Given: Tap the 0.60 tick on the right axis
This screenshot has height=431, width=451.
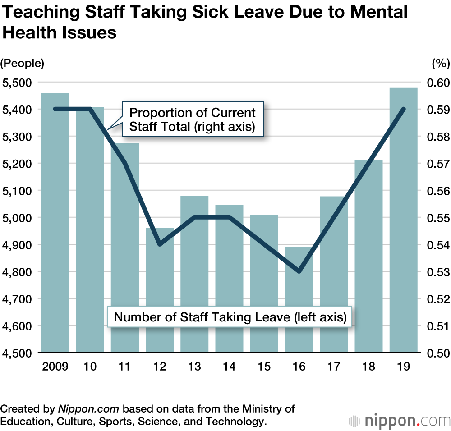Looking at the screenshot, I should click(435, 83).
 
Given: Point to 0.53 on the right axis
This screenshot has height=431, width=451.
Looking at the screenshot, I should click(435, 272).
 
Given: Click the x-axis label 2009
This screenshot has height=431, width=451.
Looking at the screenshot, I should click(55, 367).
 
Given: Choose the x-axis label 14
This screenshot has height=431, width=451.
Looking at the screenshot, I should click(229, 367).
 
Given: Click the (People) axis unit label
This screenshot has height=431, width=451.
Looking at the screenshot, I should click(23, 64).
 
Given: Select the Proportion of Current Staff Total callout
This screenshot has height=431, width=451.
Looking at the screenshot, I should click(193, 119).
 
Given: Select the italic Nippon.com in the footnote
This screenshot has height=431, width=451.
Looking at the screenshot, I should click(88, 409).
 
